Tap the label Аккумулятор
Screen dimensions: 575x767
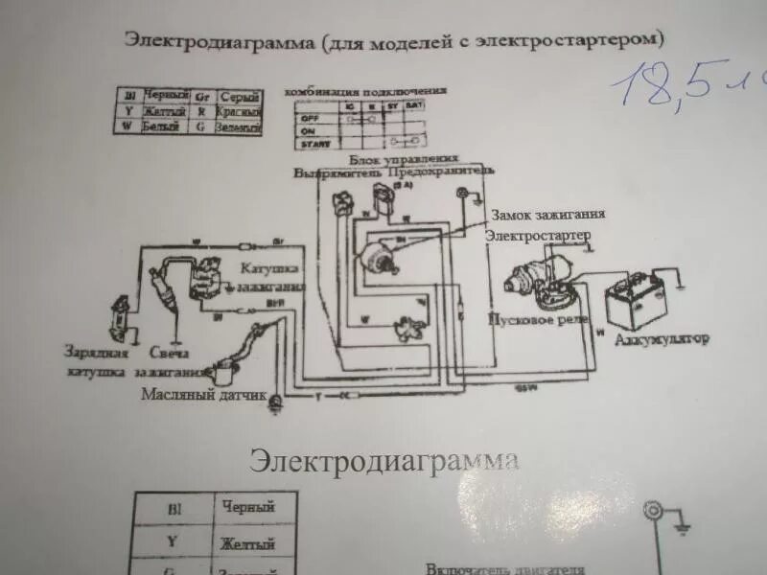pyautogui.click(x=661, y=339)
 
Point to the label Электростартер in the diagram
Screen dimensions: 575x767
pyautogui.click(x=537, y=235)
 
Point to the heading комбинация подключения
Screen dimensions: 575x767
pyautogui.click(x=365, y=91)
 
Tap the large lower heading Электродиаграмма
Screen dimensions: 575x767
pyautogui.click(x=383, y=460)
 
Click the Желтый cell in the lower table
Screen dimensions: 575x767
pyautogui.click(x=247, y=544)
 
